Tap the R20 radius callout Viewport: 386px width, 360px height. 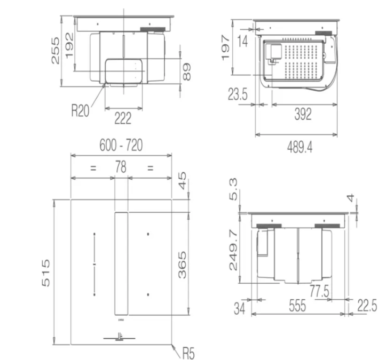(x=80, y=110)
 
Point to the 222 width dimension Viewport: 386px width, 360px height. (x=123, y=118)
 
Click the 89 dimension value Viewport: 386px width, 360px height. (x=186, y=71)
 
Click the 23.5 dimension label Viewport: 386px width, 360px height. (x=238, y=95)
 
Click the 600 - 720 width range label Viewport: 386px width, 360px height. (x=121, y=145)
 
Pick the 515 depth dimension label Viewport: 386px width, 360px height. (x=46, y=272)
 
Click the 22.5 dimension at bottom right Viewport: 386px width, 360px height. (x=366, y=306)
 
